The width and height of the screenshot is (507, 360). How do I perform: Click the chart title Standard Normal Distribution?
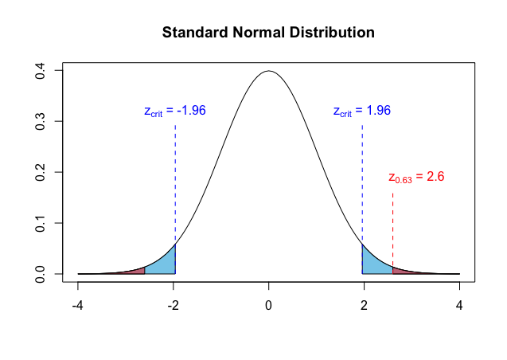pyautogui.click(x=267, y=33)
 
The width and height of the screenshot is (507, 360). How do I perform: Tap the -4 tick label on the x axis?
pyautogui.click(x=78, y=306)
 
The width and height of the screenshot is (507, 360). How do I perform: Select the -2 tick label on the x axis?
pyautogui.click(x=174, y=306)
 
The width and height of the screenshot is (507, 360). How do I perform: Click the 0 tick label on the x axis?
pyautogui.click(x=269, y=306)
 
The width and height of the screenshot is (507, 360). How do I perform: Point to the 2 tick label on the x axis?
pyautogui.click(x=365, y=306)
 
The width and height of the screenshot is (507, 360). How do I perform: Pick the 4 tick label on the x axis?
pyautogui.click(x=460, y=306)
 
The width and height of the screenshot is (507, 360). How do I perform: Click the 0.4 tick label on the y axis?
pyautogui.click(x=38, y=71)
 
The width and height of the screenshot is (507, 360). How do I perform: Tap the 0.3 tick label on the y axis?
pyautogui.click(x=38, y=121)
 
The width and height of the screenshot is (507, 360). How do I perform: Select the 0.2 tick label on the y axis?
pyautogui.click(x=38, y=172)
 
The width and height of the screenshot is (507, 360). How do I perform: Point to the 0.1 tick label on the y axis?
pyautogui.click(x=38, y=223)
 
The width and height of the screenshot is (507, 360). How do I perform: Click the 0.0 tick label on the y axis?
pyautogui.click(x=38, y=274)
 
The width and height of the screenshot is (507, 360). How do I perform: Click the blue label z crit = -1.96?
pyautogui.click(x=175, y=111)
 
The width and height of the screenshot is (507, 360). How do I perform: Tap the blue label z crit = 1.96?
pyautogui.click(x=361, y=111)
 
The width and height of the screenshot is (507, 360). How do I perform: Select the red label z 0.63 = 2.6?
pyautogui.click(x=415, y=178)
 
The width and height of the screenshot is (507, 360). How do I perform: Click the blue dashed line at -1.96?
pyautogui.click(x=175, y=183)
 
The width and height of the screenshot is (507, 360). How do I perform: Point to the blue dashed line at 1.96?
pyautogui.click(x=362, y=183)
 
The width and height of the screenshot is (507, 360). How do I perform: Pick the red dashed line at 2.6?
pyautogui.click(x=392, y=231)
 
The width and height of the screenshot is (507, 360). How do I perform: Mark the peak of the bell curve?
pyautogui.click(x=269, y=71)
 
